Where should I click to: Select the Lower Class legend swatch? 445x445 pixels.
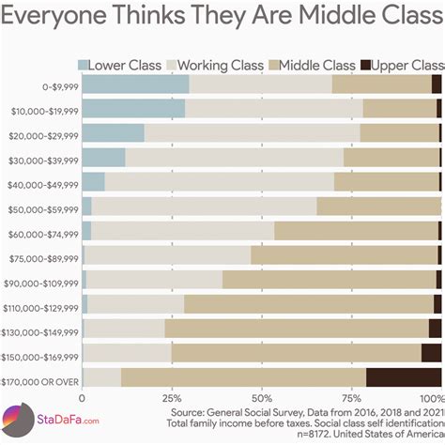[84, 65]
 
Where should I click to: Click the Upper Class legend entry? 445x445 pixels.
[407, 65]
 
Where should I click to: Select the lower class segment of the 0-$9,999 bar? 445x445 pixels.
[135, 84]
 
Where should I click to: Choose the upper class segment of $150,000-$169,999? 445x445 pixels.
[431, 353]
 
